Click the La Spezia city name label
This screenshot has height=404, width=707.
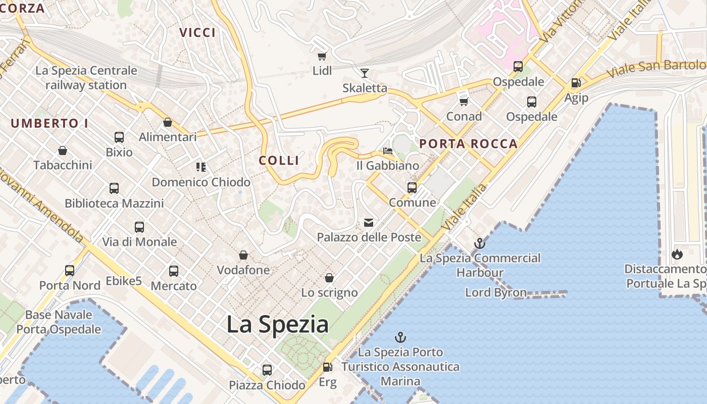(x=277, y=324)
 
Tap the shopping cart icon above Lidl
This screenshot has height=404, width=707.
(x=322, y=56)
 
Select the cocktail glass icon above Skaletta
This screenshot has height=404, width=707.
(x=364, y=73)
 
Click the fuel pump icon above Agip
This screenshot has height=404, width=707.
(x=576, y=83)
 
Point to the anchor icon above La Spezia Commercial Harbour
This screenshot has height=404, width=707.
(x=479, y=244)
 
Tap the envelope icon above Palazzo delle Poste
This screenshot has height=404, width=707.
(x=369, y=222)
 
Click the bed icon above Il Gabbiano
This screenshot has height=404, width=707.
(x=387, y=150)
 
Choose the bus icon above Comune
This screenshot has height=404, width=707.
(x=412, y=188)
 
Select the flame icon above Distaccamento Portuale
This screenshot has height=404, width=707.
(x=677, y=254)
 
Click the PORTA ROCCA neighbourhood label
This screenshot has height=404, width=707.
(x=468, y=144)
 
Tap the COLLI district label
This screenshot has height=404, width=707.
(x=279, y=161)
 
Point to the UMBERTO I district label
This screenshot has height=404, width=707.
(x=49, y=123)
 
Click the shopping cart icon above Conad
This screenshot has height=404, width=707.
(x=464, y=102)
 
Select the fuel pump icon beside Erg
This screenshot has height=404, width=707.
(x=327, y=367)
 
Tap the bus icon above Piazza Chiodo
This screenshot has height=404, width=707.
(x=267, y=370)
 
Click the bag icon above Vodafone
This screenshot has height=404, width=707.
(x=243, y=255)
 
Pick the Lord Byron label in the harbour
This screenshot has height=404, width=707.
(x=495, y=292)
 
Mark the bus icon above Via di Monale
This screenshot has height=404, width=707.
(x=139, y=227)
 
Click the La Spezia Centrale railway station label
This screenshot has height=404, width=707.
(x=86, y=78)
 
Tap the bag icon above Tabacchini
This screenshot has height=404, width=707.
(x=63, y=150)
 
